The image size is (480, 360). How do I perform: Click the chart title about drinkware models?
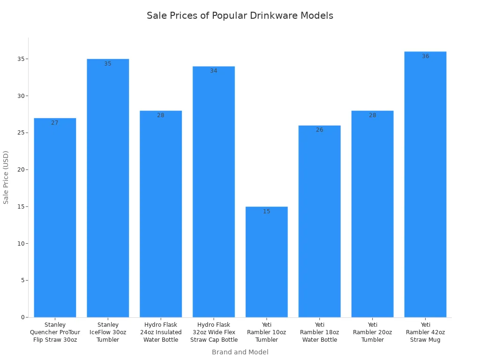[240, 15]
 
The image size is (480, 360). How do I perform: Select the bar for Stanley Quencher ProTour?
[55, 218]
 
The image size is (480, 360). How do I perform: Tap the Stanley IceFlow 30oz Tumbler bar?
[108, 187]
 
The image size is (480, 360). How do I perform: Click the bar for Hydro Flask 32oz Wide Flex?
[213, 192]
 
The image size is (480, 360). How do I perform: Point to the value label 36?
[425, 56]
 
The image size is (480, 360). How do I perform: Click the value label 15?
[266, 211]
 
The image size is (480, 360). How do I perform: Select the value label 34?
[213, 71]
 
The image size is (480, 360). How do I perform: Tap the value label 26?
[319, 130]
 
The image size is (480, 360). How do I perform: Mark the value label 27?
[55, 123]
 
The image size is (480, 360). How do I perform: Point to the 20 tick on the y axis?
[21, 170]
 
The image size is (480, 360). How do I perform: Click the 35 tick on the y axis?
[21, 59]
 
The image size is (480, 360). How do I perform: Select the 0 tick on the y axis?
[22, 317]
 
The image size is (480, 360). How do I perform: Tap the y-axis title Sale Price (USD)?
[6, 177]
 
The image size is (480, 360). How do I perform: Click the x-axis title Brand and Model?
[240, 352]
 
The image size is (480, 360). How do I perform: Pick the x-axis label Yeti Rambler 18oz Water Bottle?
[319, 332]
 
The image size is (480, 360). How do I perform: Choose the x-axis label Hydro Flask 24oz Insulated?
[160, 332]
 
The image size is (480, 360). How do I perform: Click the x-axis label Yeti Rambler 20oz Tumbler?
[372, 332]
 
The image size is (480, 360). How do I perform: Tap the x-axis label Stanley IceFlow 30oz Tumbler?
[108, 332]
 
